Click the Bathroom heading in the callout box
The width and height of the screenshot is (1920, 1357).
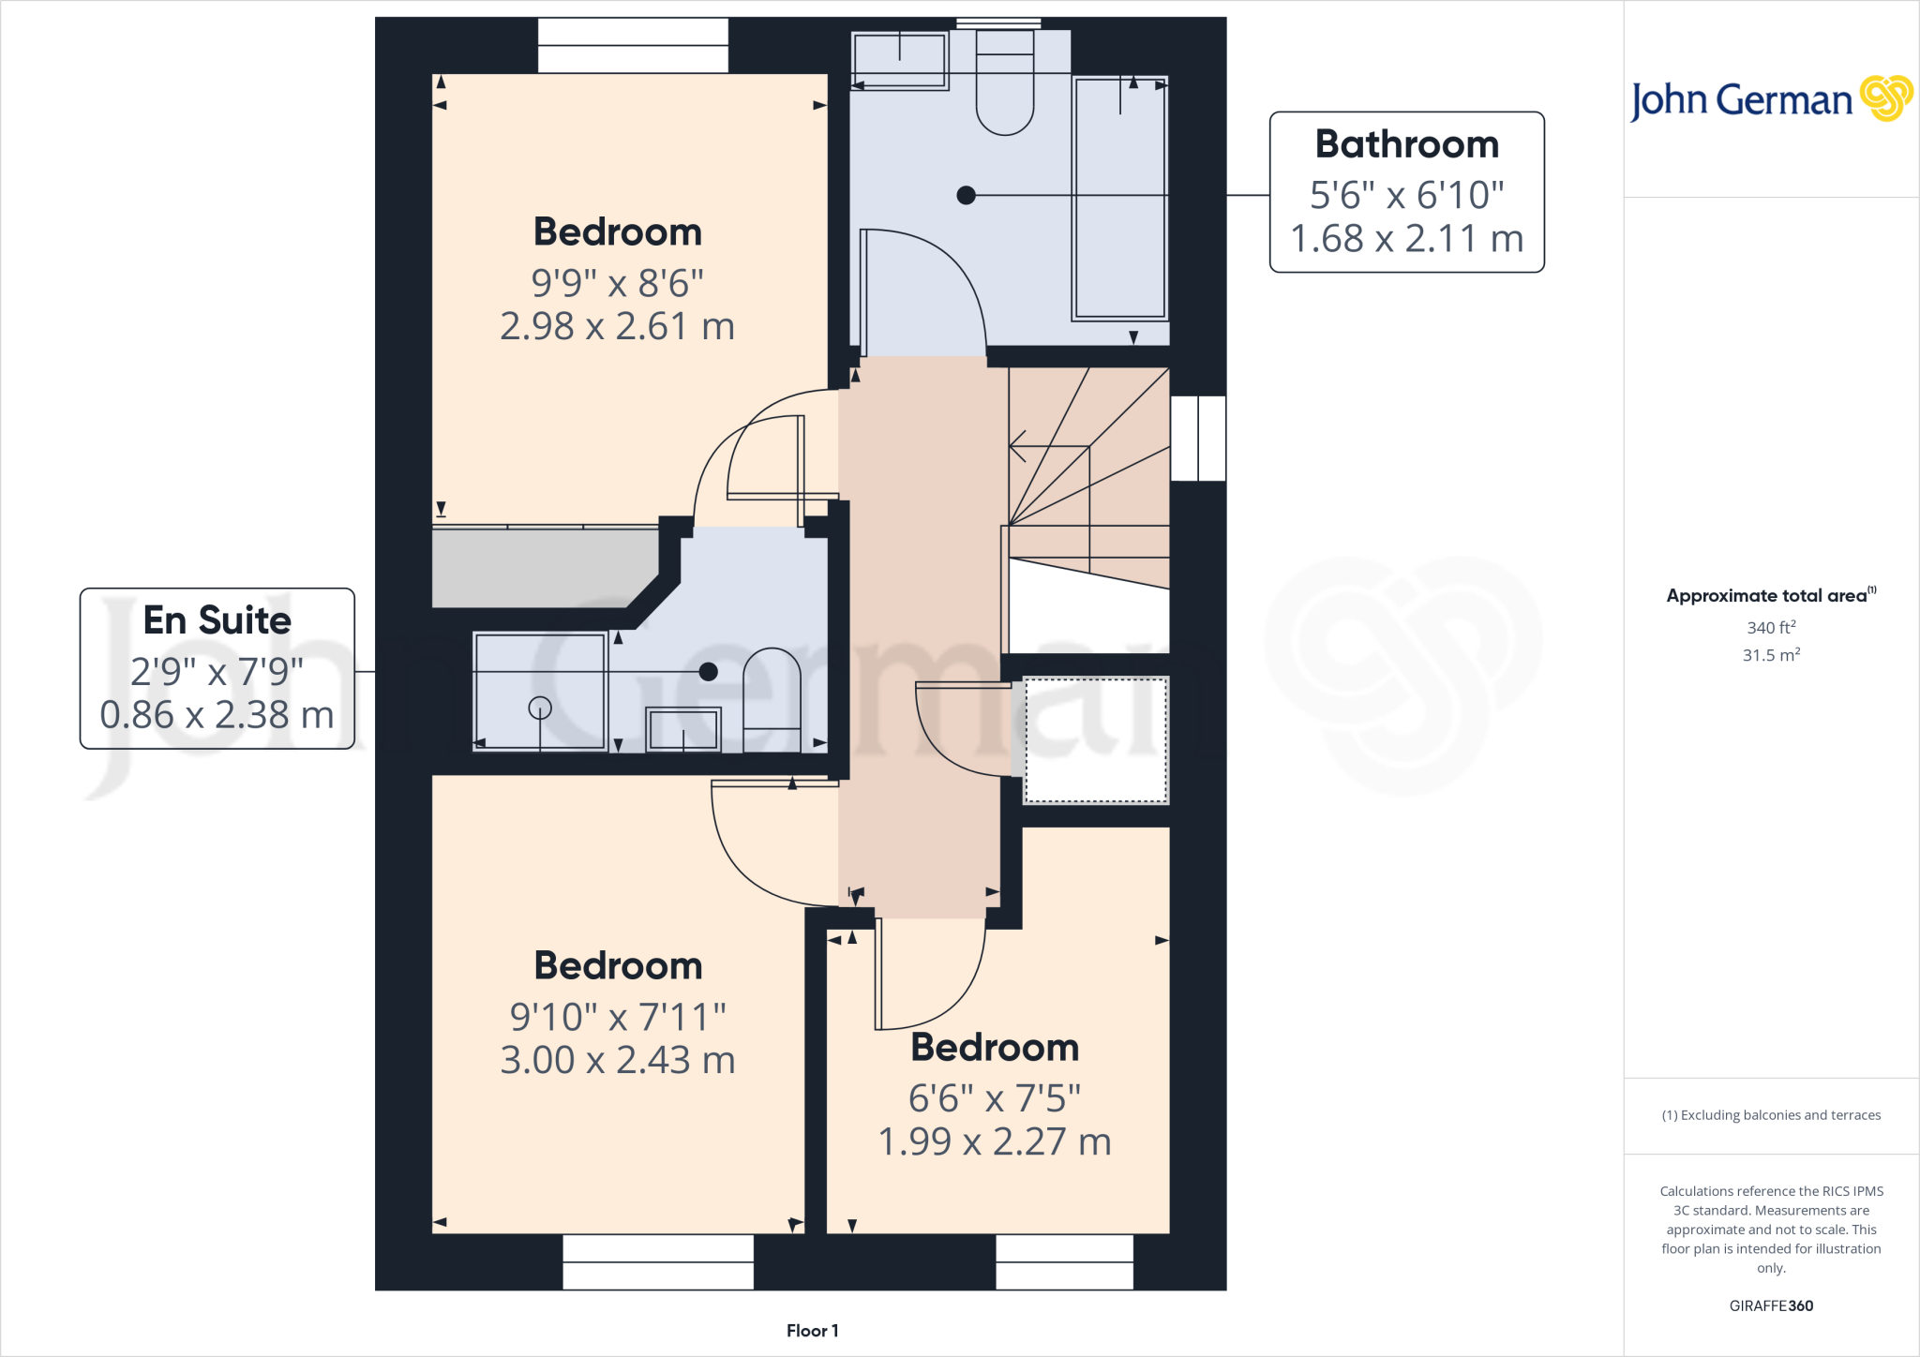[x=1406, y=144]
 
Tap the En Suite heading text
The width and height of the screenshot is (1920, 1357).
[x=217, y=620]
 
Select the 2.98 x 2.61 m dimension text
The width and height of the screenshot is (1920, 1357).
[x=617, y=326]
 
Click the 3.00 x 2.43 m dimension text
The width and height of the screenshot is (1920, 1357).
[x=617, y=1060]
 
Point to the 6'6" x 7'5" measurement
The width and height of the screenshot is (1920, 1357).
[x=994, y=1097]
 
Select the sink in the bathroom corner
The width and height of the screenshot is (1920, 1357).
[x=899, y=60]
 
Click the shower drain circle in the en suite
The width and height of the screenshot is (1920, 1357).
[x=540, y=708]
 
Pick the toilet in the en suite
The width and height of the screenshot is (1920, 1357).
[x=772, y=698]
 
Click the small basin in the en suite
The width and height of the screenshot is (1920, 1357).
[x=683, y=729]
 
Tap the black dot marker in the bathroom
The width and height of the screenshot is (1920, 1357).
[x=966, y=195]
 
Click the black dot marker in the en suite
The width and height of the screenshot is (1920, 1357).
[x=709, y=671]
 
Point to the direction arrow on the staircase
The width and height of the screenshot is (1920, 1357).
[x=1018, y=446]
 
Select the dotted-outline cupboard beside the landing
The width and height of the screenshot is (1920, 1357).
[x=1095, y=740]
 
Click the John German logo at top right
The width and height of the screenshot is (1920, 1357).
[x=1770, y=99]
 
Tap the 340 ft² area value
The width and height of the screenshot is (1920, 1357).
[x=1770, y=627]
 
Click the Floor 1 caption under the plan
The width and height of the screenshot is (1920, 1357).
[x=812, y=1331]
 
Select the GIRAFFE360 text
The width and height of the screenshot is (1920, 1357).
[x=1770, y=1305]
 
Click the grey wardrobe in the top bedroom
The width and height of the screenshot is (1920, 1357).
[x=544, y=567]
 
